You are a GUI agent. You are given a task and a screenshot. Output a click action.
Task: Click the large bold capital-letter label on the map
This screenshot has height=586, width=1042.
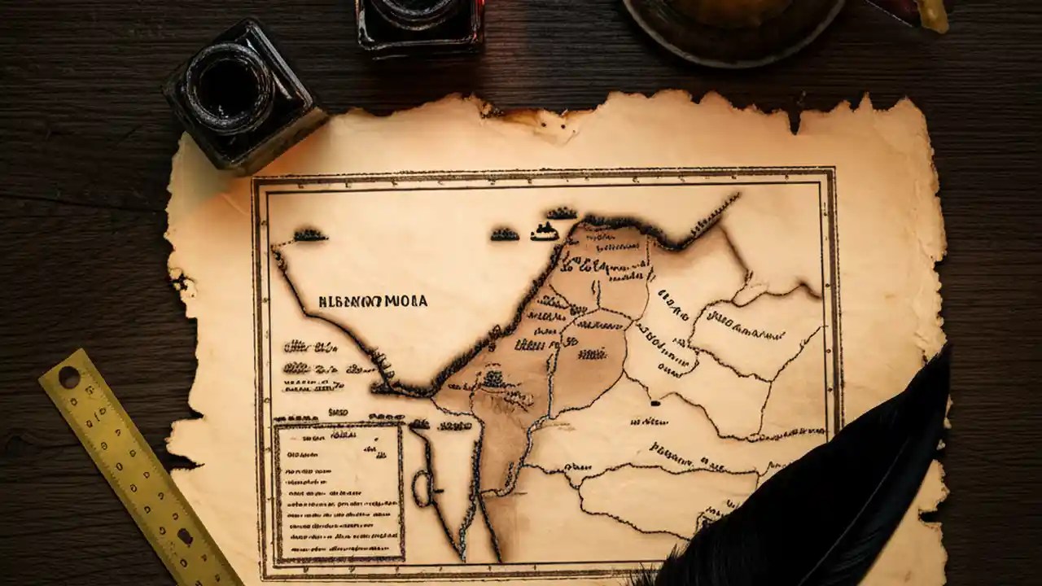(373, 301)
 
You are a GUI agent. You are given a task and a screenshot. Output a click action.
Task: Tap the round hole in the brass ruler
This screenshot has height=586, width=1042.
(68, 377)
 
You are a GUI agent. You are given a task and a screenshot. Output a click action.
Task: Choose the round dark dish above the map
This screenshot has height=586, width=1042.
(733, 24)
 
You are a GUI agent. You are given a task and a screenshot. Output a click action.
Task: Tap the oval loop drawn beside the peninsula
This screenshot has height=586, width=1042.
(421, 488)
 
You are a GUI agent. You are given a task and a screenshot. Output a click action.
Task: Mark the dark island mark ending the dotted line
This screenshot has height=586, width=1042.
(310, 235)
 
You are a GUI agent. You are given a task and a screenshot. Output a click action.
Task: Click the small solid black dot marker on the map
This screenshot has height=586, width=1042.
(654, 402)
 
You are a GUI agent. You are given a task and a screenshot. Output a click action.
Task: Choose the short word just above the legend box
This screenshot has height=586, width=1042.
(337, 413)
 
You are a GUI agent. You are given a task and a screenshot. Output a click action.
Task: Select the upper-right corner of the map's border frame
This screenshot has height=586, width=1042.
(832, 172)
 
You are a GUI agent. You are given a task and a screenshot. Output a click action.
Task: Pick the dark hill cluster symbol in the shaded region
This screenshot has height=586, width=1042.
(493, 378)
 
